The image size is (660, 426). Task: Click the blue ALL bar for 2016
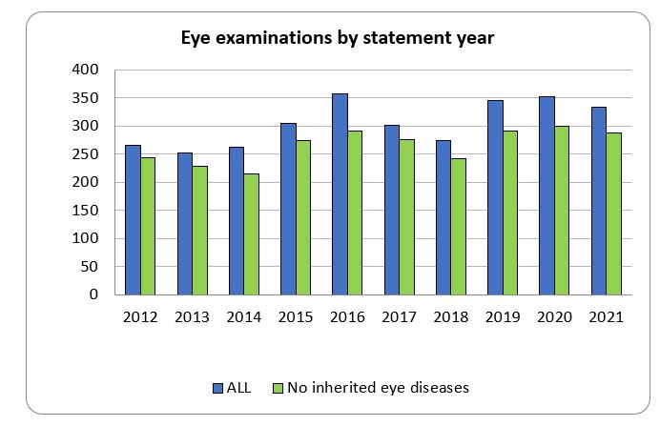point(340,194)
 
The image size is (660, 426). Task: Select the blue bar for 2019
point(495,197)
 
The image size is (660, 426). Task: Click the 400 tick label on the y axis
point(86,71)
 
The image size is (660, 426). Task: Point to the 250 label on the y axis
point(86,154)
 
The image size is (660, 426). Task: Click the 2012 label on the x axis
point(140,317)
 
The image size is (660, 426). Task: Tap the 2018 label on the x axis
point(450,317)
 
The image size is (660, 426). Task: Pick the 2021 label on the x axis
point(606,317)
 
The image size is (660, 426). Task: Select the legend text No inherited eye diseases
point(378,388)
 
